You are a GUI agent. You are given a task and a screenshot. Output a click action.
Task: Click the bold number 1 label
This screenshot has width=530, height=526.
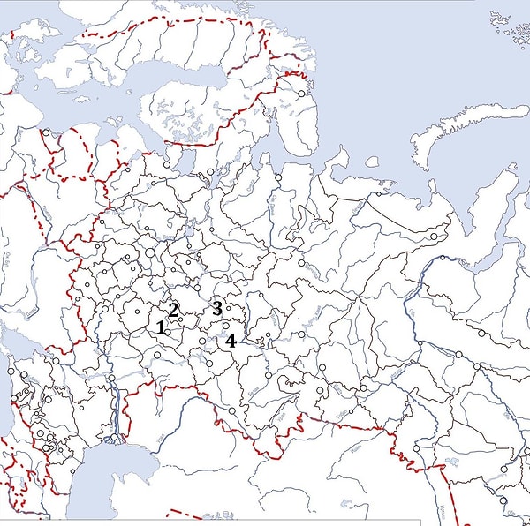click(161, 327)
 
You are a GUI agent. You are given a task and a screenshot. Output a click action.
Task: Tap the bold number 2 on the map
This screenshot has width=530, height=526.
click(174, 309)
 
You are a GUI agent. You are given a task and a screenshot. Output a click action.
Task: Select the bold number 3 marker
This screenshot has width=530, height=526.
click(216, 308)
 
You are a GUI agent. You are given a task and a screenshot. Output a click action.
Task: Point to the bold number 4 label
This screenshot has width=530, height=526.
click(231, 341)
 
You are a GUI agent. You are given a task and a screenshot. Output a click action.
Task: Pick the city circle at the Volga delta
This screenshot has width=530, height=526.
click(114, 438)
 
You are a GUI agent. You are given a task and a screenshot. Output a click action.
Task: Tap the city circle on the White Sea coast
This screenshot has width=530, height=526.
click(209, 173)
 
